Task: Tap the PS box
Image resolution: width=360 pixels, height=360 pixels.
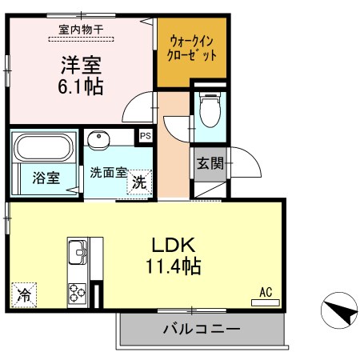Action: point(145,136)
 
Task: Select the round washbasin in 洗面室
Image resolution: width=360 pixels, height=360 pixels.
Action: point(100,139)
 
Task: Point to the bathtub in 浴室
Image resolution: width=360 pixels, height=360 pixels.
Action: point(45,147)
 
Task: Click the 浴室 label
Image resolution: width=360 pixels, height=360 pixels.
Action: point(46,178)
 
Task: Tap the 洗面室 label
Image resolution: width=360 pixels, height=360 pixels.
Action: point(106,171)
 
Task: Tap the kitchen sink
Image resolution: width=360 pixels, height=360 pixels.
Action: point(78,251)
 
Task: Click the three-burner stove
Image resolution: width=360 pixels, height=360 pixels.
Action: point(78,294)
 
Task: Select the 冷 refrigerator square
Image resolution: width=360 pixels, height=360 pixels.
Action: point(24,295)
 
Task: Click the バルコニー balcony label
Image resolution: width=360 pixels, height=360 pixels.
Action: point(201,329)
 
